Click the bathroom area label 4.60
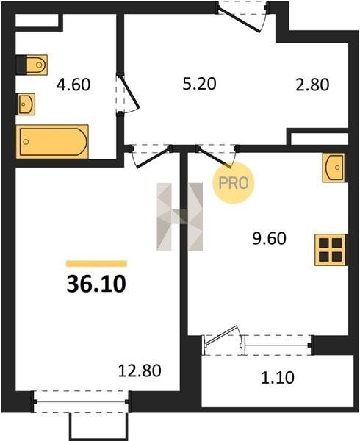tap(73, 85)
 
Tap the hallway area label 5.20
tap(199, 84)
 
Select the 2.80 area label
tap(312, 85)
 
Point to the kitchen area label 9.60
tap(269, 239)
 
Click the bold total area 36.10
tap(96, 284)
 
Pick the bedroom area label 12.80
tap(140, 370)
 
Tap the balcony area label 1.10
tap(278, 378)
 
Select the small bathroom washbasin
tap(26, 104)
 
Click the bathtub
tap(52, 142)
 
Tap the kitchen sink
tap(334, 168)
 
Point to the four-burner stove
tap(331, 250)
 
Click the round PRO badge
tap(233, 183)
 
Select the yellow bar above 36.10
tap(96, 264)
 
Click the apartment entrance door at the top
tap(242, 16)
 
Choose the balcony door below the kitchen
tap(222, 340)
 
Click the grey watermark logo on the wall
tap(180, 217)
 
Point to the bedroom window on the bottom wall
tap(81, 401)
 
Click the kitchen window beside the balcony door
tap(278, 345)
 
